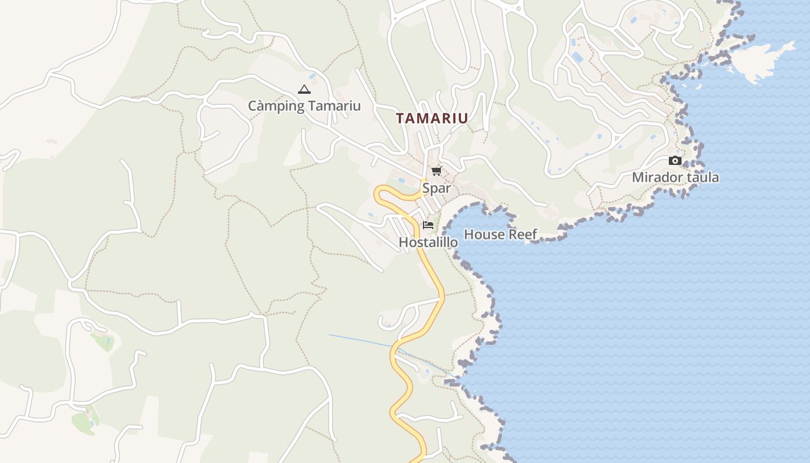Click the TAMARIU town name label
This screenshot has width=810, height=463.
point(432,118)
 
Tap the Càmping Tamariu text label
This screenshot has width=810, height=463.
point(304,106)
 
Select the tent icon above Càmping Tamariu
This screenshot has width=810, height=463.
point(304,89)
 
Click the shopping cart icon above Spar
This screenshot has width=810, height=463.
point(436,171)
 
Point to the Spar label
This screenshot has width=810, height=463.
point(436,188)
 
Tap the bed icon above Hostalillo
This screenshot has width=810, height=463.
point(428,225)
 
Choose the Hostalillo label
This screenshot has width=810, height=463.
point(428,242)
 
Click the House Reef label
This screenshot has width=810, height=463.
point(500,234)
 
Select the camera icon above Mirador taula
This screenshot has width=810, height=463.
point(675,160)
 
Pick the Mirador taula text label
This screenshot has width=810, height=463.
point(675,178)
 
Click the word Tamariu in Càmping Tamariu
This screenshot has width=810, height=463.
point(334,106)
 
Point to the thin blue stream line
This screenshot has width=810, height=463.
point(359,340)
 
